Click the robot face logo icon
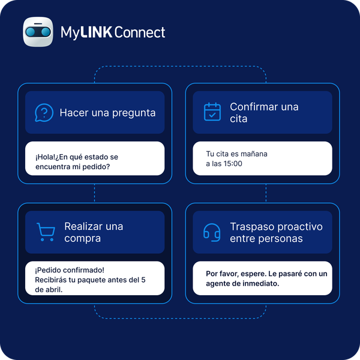[38, 32]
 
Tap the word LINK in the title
[96, 32]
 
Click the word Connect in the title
[140, 32]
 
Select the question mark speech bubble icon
[44, 113]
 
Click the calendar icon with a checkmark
[212, 112]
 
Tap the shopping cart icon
[46, 232]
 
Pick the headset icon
[212, 232]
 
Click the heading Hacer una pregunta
[107, 113]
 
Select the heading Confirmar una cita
[264, 113]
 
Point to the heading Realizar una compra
[94, 232]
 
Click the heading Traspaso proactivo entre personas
[276, 232]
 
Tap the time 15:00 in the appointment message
[233, 163]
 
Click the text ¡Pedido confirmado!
[70, 270]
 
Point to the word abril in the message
[55, 290]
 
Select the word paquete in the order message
[83, 280]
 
